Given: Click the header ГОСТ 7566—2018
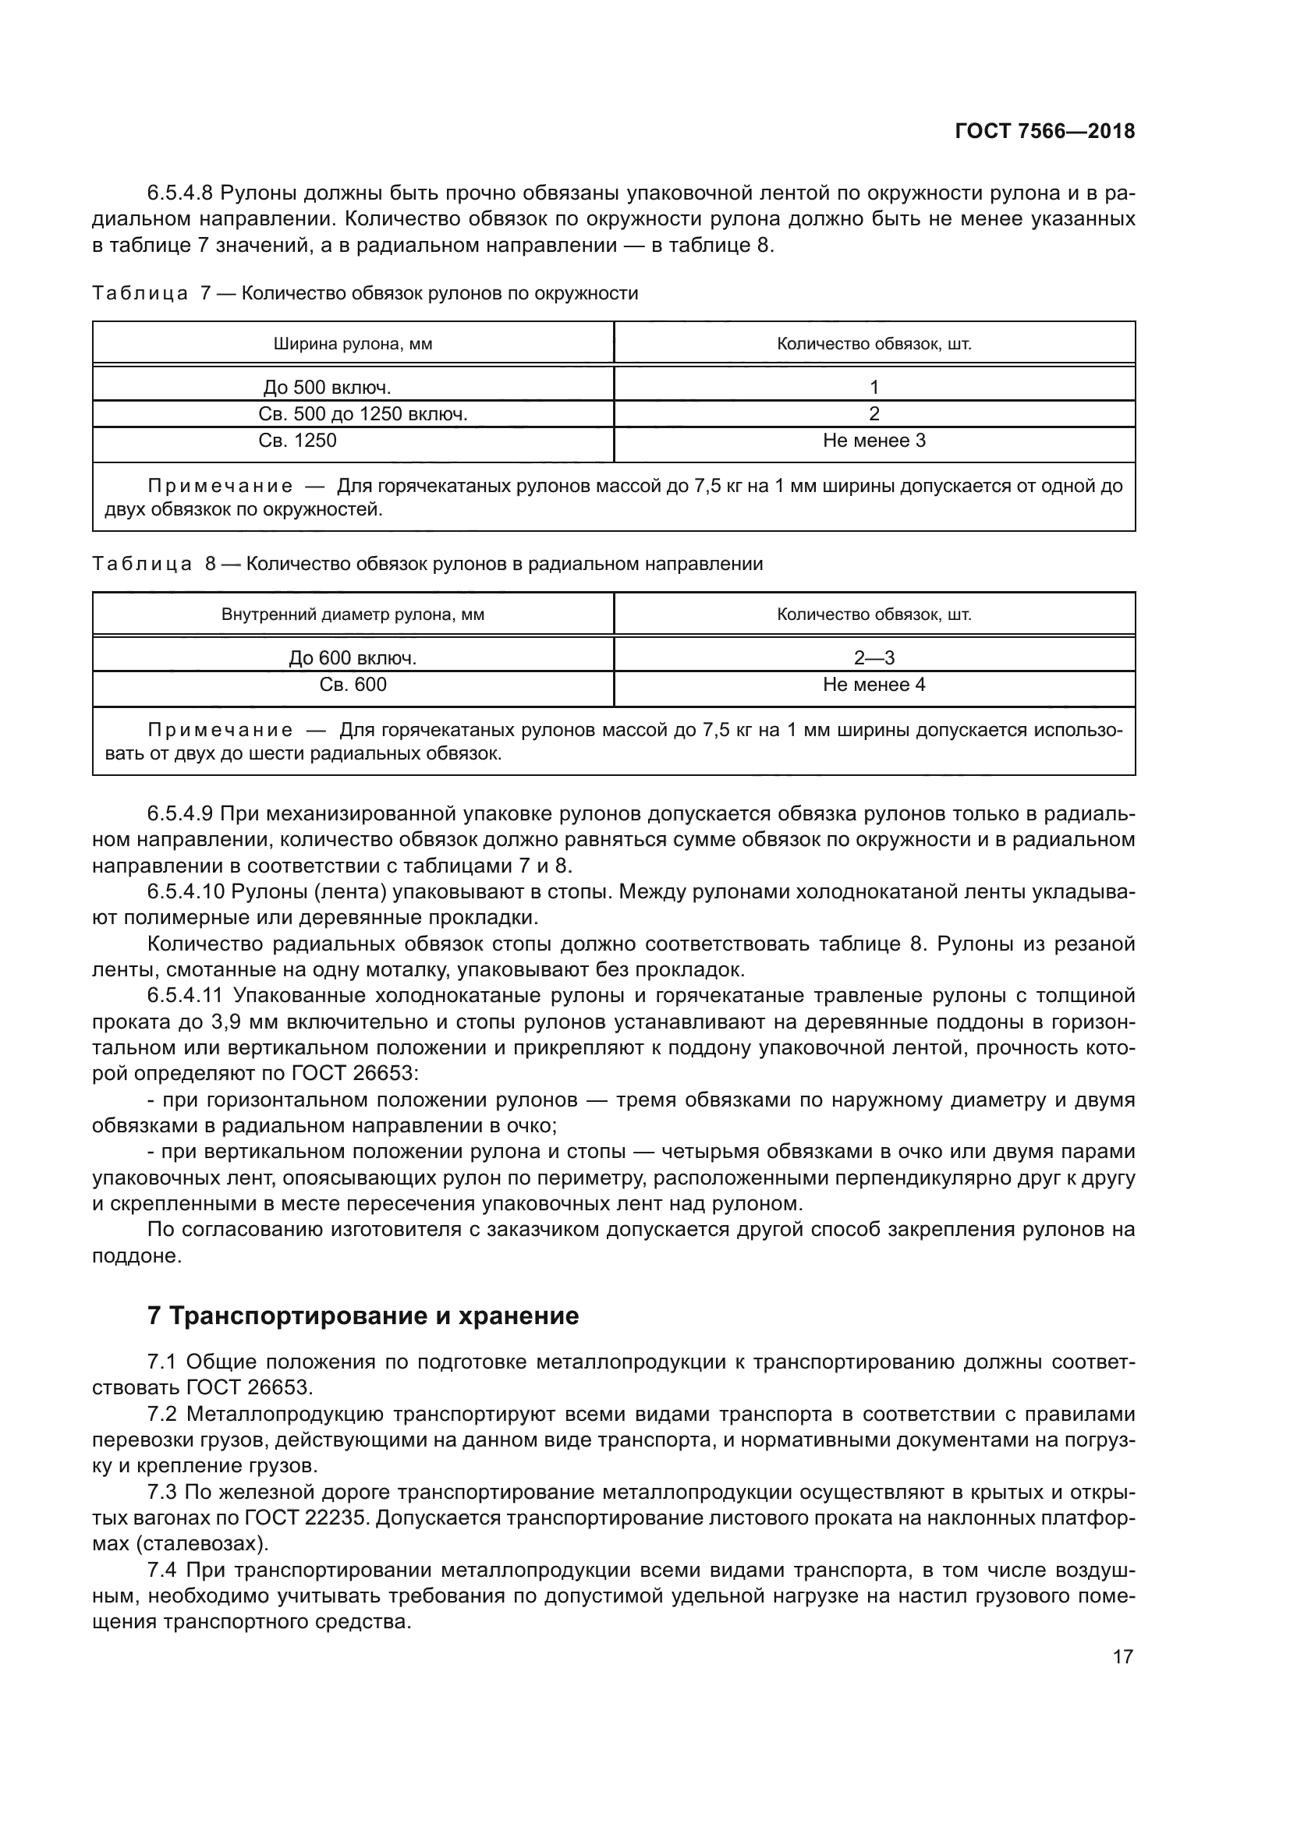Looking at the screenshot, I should [x=1044, y=132].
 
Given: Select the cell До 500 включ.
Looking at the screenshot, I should [x=328, y=387].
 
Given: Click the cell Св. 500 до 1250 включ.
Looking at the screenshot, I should [x=363, y=414].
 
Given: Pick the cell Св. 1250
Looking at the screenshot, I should [x=298, y=440].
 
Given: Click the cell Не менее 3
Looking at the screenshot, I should [x=874, y=440].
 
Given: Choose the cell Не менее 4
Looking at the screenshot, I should [x=874, y=684].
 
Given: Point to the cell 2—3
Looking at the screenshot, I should [x=874, y=658].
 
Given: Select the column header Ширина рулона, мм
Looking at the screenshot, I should [x=353, y=344].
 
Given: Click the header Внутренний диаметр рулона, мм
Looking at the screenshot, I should [x=353, y=614].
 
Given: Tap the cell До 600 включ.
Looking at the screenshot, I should [x=353, y=658].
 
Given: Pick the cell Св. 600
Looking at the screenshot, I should [x=353, y=684].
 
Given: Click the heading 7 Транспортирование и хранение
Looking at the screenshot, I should [x=363, y=1316].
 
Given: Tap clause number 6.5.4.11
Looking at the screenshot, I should [x=186, y=995].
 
